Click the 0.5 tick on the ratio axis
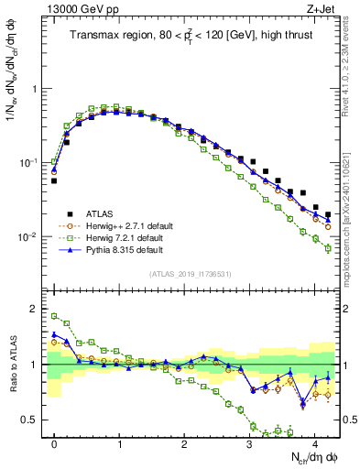(x=31, y=420)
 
